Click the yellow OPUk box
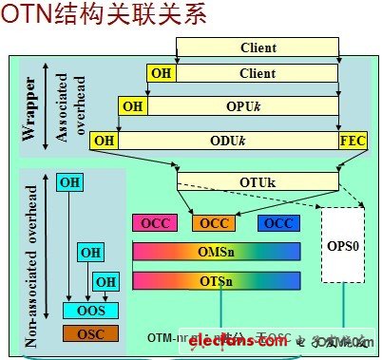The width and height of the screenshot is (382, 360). click(243, 105)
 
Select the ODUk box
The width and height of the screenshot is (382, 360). click(229, 142)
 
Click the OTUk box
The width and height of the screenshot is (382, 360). click(258, 178)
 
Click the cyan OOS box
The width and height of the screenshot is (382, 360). click(90, 311)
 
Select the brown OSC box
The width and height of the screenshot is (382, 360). click(90, 332)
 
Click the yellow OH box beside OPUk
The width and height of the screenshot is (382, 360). click(133, 105)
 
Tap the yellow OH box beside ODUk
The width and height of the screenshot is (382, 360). click(103, 142)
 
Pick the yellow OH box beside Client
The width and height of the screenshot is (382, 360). click(161, 73)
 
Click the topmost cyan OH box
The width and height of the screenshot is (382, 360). click(69, 181)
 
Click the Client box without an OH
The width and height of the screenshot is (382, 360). click(258, 46)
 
